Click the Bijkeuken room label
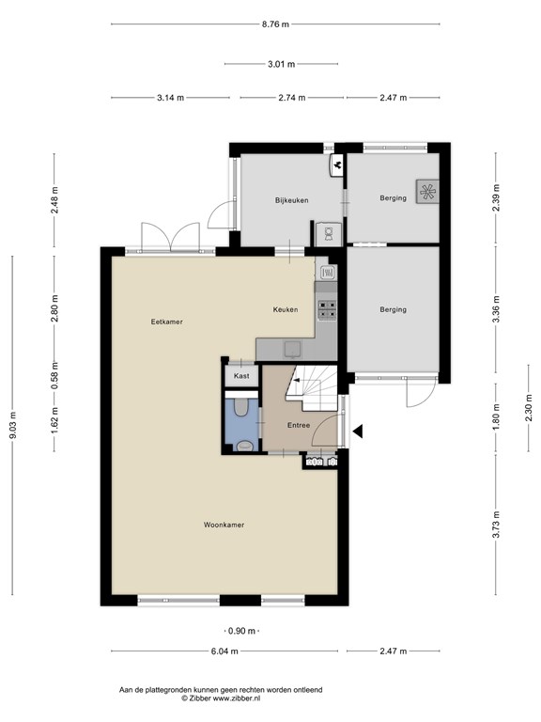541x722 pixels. pyautogui.click(x=292, y=200)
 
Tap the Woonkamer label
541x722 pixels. pyautogui.click(x=224, y=525)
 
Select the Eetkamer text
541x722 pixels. pyautogui.click(x=166, y=322)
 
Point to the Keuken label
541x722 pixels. pyautogui.click(x=286, y=310)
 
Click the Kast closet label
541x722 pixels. pyautogui.click(x=241, y=376)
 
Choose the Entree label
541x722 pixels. pyautogui.click(x=299, y=425)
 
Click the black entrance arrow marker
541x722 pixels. pyautogui.click(x=358, y=432)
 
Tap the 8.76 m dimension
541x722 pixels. pyautogui.click(x=275, y=24)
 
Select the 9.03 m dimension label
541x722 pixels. pyautogui.click(x=13, y=425)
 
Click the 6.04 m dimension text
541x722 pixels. pyautogui.click(x=224, y=651)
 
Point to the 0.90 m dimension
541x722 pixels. pyautogui.click(x=241, y=631)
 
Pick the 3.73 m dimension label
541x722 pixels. pyautogui.click(x=496, y=525)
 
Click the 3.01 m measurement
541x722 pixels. pyautogui.click(x=281, y=64)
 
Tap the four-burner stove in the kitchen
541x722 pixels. pyautogui.click(x=328, y=309)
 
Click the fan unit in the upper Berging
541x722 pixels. pyautogui.click(x=427, y=191)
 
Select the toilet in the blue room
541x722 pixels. pyautogui.click(x=241, y=407)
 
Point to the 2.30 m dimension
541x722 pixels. pyautogui.click(x=529, y=407)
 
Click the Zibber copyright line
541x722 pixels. pyautogui.click(x=221, y=698)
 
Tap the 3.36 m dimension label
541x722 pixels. pyautogui.click(x=496, y=309)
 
